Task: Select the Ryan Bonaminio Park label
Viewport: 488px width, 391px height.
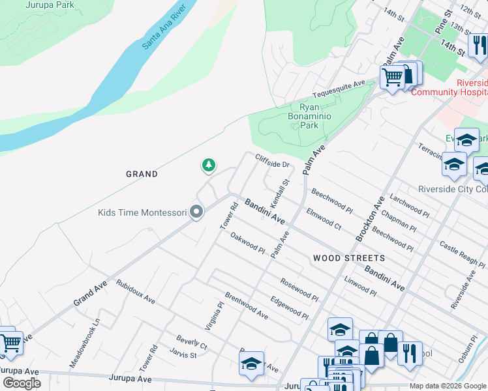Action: click(x=310, y=116)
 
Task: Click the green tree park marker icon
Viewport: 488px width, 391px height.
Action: click(x=209, y=166)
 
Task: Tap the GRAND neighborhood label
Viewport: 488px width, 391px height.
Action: click(x=142, y=174)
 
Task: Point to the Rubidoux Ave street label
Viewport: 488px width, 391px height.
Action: click(x=135, y=292)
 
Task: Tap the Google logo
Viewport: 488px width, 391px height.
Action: click(x=22, y=383)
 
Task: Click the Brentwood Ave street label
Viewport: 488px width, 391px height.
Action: click(x=246, y=305)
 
